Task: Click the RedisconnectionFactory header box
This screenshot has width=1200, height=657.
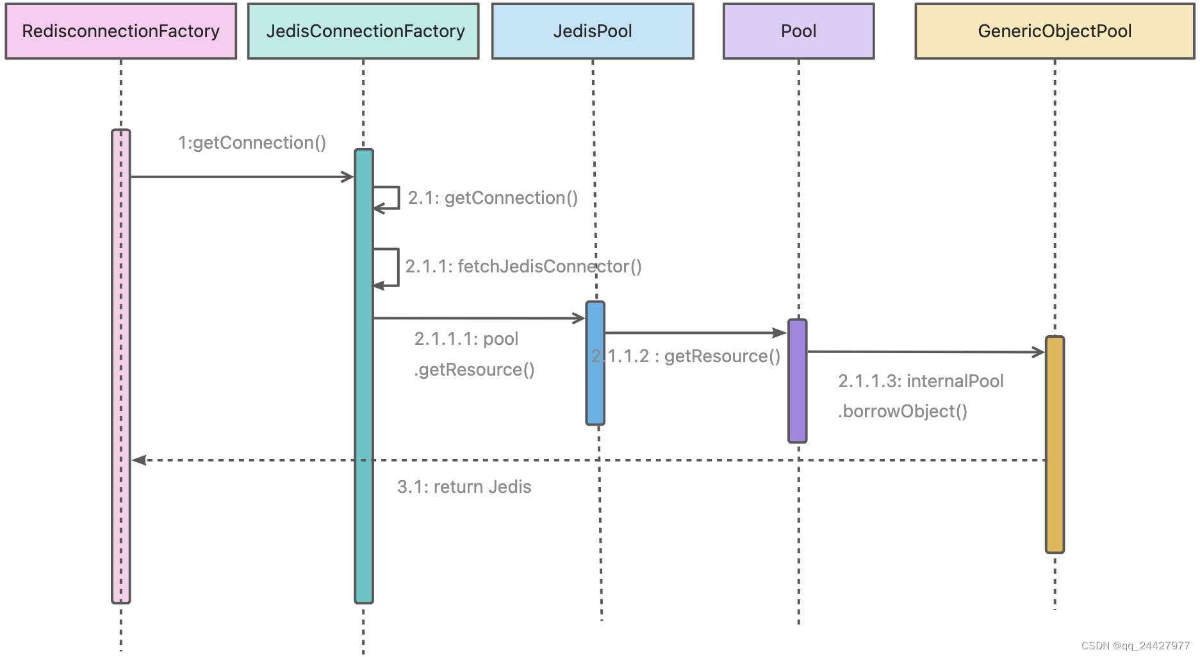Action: coord(121,31)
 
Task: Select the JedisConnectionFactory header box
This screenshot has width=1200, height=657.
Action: coord(363,31)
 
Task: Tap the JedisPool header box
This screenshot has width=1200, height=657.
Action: coord(593,31)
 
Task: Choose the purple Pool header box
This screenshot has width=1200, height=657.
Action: coord(798,31)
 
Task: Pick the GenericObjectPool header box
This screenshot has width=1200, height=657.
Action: coord(1055,31)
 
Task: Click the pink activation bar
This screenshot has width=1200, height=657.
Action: coord(121,366)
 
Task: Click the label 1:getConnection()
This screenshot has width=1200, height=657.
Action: coord(252,143)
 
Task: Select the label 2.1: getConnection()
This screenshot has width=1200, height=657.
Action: coord(493,198)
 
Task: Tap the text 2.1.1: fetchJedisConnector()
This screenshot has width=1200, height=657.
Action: coord(523,267)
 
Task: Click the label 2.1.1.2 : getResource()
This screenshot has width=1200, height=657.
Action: coord(686,356)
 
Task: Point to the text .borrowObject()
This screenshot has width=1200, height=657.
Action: coord(902,412)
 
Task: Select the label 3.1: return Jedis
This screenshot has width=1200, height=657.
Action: coord(464,487)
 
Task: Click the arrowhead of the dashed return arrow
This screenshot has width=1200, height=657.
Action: coord(139,460)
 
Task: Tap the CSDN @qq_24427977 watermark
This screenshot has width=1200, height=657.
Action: coord(1135,645)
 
